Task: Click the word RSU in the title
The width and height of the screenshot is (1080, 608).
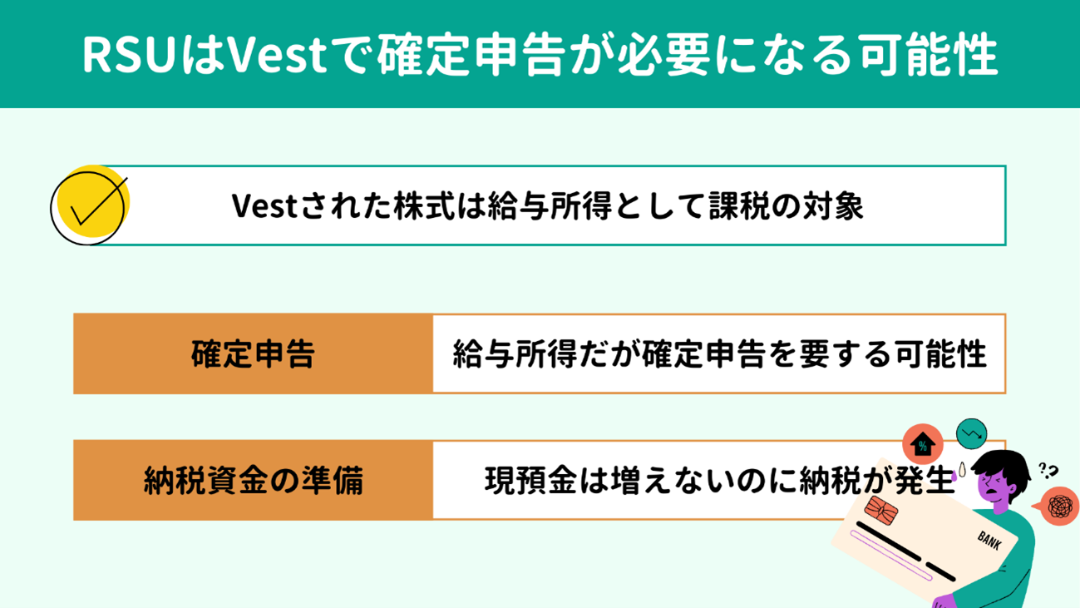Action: click(x=130, y=55)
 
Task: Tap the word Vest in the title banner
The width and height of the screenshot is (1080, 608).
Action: click(x=276, y=55)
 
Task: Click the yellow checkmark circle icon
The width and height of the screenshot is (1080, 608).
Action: click(x=91, y=205)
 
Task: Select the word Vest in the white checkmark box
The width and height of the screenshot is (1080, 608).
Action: click(x=264, y=206)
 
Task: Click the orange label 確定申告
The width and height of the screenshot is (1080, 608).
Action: click(x=253, y=353)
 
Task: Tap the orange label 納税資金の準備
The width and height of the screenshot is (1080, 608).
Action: click(x=253, y=480)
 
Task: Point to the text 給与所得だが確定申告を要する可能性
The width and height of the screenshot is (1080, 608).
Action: click(x=719, y=353)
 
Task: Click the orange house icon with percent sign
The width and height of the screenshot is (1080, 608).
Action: click(x=922, y=444)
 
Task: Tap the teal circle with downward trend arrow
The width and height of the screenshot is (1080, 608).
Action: click(x=972, y=433)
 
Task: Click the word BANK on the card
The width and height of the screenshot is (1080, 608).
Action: click(x=989, y=540)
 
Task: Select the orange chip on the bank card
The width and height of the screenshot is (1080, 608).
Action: click(x=881, y=510)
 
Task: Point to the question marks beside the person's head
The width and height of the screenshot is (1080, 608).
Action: click(x=1048, y=471)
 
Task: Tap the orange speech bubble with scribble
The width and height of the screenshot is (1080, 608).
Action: click(x=1058, y=506)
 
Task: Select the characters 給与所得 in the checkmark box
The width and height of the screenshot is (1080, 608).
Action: click(x=550, y=206)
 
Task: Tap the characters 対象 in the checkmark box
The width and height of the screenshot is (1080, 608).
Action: click(x=833, y=206)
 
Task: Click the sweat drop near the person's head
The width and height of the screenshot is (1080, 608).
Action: click(x=963, y=470)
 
